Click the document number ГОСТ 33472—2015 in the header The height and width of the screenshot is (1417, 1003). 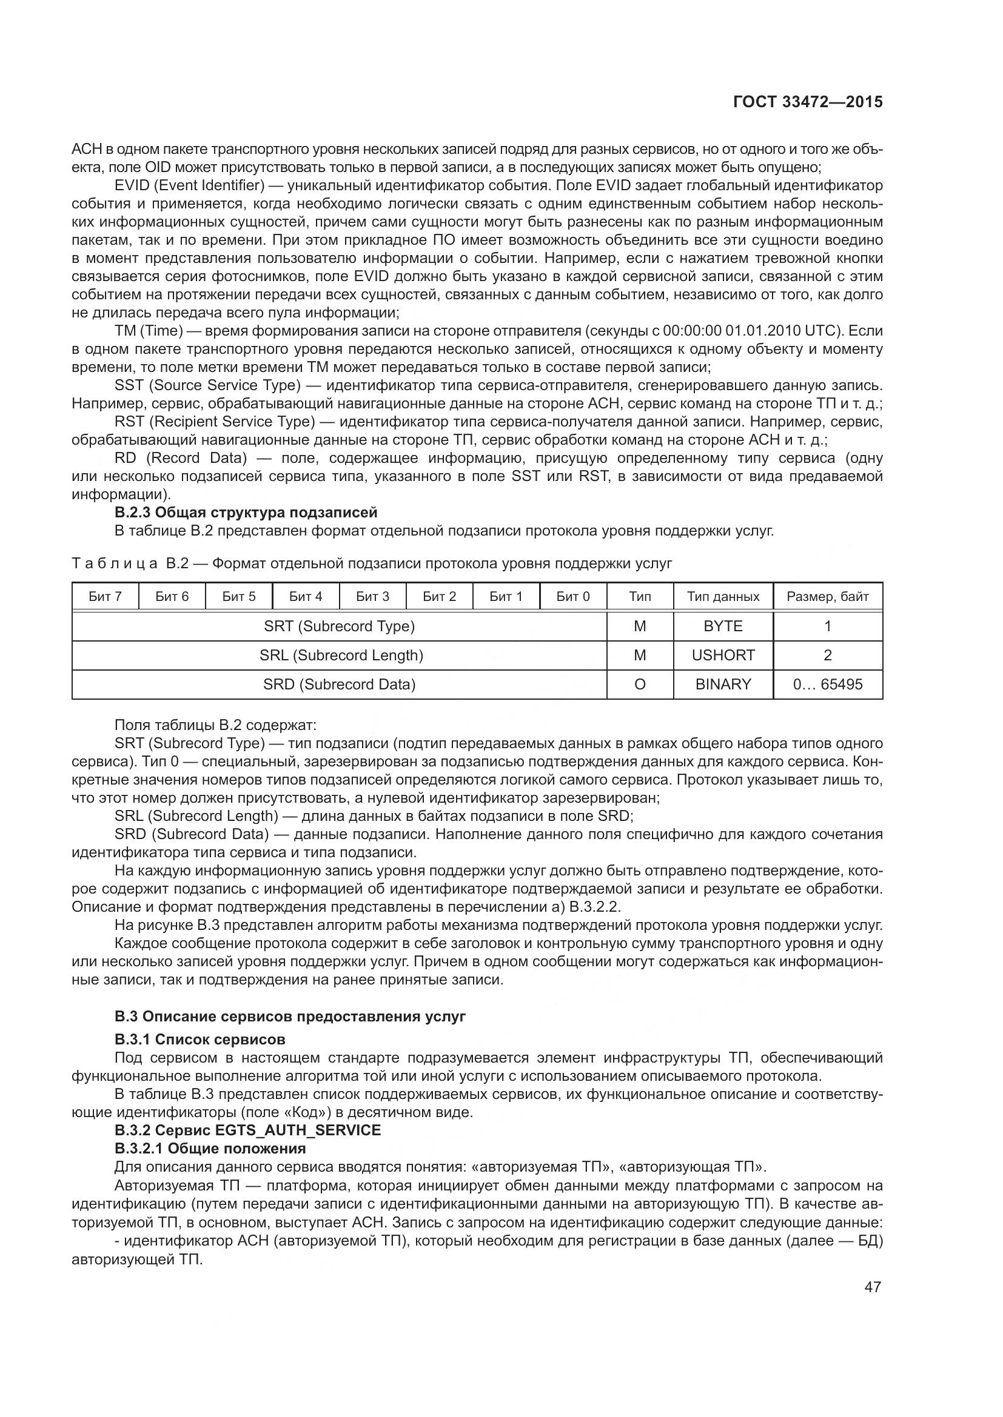click(x=807, y=102)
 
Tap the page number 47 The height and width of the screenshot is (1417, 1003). click(x=872, y=1287)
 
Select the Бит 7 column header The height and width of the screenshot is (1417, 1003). click(x=105, y=596)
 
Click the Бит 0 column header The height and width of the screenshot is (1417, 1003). click(x=572, y=596)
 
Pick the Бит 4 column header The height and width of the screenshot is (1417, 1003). click(x=306, y=596)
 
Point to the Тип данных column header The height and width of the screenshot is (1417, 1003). click(x=723, y=596)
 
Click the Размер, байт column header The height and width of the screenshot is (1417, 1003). click(x=827, y=596)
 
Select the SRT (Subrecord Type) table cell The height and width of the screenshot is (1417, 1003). click(x=339, y=626)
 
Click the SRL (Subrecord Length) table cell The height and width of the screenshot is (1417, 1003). click(x=341, y=655)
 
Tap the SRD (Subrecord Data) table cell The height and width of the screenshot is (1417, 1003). click(x=339, y=684)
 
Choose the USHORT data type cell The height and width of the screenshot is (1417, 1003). click(x=723, y=655)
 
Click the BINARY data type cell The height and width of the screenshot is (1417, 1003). click(x=723, y=684)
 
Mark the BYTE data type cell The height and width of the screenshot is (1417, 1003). click(x=723, y=626)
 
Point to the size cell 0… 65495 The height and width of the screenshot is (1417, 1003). click(x=827, y=684)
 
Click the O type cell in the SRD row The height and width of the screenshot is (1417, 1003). click(x=640, y=684)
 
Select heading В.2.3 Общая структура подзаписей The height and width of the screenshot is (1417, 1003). click(x=246, y=513)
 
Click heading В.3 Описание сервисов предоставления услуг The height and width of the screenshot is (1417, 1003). click(x=290, y=1017)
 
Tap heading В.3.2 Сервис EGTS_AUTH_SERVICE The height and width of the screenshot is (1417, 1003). click(x=247, y=1130)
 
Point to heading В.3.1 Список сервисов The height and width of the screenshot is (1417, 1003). click(x=200, y=1040)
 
